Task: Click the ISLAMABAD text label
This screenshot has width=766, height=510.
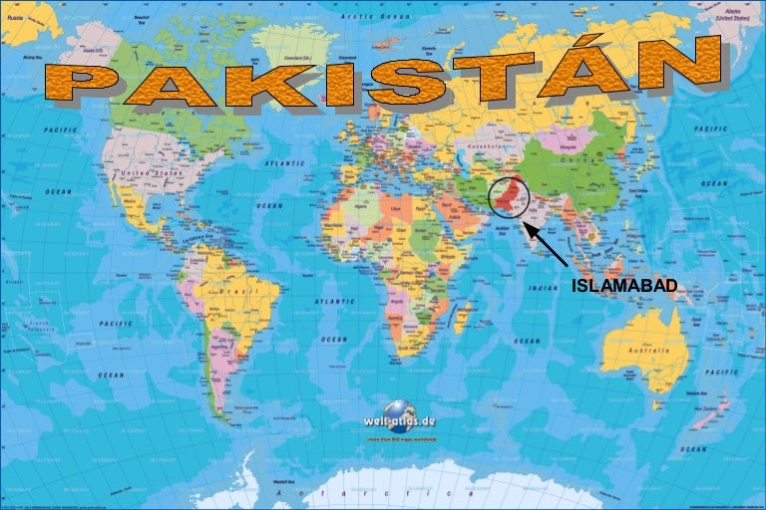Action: (623, 287)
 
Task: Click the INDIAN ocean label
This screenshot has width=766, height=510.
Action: (545, 288)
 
